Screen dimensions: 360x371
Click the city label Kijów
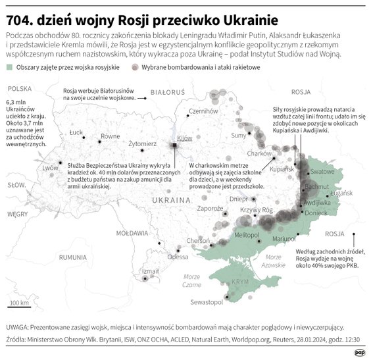point(184,138)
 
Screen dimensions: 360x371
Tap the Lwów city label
point(51,168)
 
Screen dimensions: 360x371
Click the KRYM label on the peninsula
point(241,281)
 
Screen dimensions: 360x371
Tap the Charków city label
point(260,153)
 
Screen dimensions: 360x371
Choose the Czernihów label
point(203,111)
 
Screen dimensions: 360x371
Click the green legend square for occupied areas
point(9,68)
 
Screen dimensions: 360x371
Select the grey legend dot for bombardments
point(160,68)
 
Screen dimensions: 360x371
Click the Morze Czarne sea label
point(191,280)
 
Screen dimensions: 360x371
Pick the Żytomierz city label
point(143,142)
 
